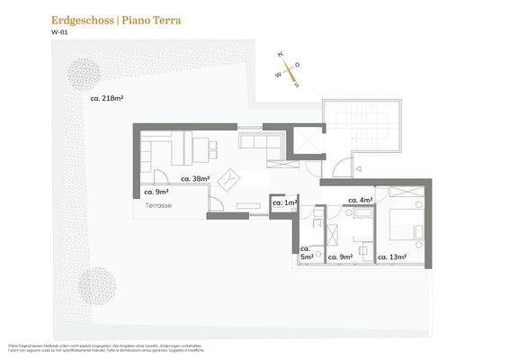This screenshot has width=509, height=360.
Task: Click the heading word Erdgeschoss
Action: click(x=82, y=18)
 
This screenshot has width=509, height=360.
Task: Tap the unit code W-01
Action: click(x=59, y=33)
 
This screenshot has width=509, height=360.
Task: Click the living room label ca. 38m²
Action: click(x=195, y=179)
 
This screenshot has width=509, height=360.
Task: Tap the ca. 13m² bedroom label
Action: click(x=394, y=257)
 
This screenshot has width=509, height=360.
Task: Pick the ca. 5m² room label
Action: click(x=306, y=253)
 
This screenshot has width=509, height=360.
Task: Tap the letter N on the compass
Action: click(x=281, y=56)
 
